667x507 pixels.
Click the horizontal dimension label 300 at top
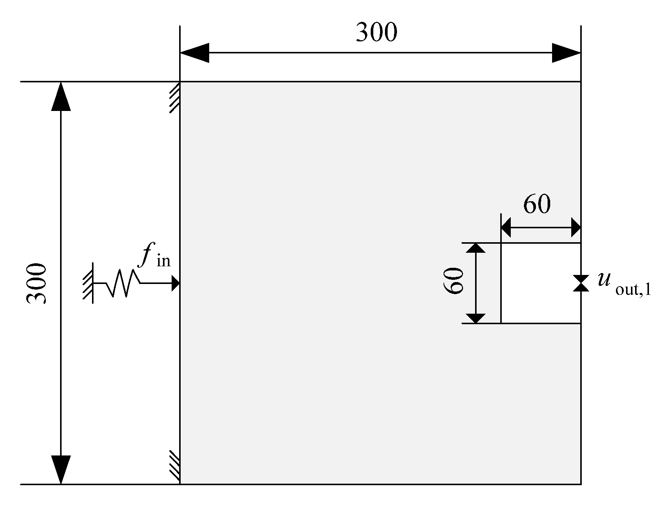coord(376,33)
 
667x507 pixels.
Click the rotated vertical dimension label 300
coord(36,283)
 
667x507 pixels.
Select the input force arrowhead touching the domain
coord(175,283)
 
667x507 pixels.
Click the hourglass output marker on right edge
coord(581,283)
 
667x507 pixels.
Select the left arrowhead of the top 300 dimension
coord(195,53)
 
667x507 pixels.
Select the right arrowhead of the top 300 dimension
coord(566,53)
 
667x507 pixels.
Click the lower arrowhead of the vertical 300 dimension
coord(61,469)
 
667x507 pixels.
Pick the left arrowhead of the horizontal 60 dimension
coord(506,228)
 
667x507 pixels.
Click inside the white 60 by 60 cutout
coord(541,283)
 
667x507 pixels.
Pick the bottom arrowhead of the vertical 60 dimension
coord(475,318)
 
